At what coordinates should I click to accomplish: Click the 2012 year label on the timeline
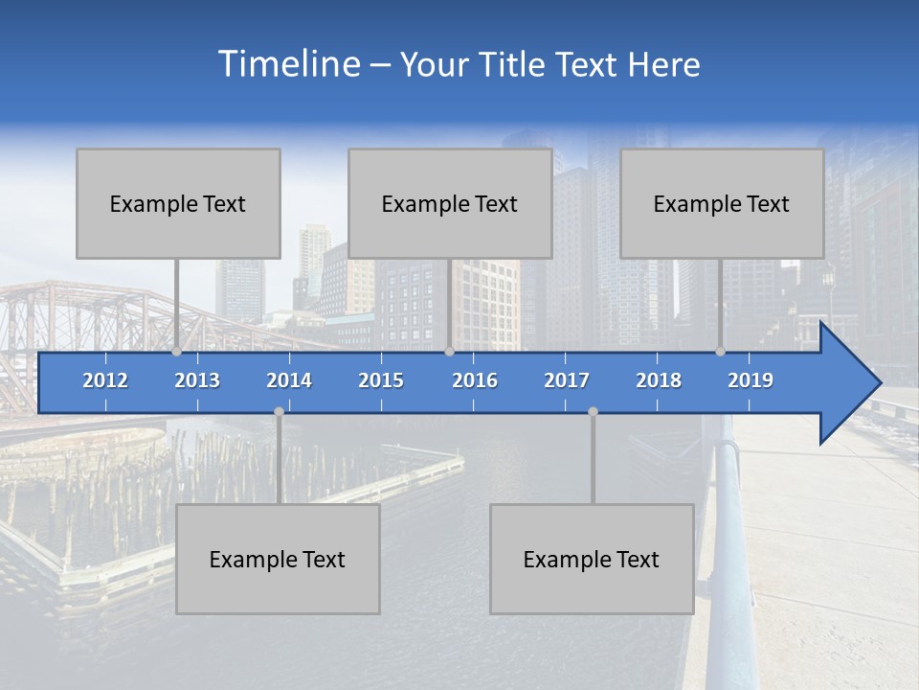[105, 380]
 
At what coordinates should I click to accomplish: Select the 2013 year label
[197, 380]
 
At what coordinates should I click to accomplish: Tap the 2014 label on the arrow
[289, 380]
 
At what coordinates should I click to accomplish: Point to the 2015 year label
[381, 380]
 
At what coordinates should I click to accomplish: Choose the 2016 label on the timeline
[475, 380]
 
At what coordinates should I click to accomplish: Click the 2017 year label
[567, 380]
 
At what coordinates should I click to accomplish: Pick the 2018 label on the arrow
[659, 380]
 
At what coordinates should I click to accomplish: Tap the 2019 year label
[751, 380]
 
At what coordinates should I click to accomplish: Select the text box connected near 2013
[178, 203]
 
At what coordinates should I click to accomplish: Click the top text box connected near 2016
[450, 203]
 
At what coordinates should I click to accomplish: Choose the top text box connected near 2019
[722, 203]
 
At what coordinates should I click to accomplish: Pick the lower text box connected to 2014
[278, 559]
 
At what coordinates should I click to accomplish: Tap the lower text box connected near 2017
[592, 559]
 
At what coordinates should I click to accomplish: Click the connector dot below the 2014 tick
[279, 411]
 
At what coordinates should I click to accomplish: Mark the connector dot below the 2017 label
[593, 411]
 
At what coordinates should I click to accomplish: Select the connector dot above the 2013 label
[177, 352]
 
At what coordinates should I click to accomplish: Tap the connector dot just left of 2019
[721, 352]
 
